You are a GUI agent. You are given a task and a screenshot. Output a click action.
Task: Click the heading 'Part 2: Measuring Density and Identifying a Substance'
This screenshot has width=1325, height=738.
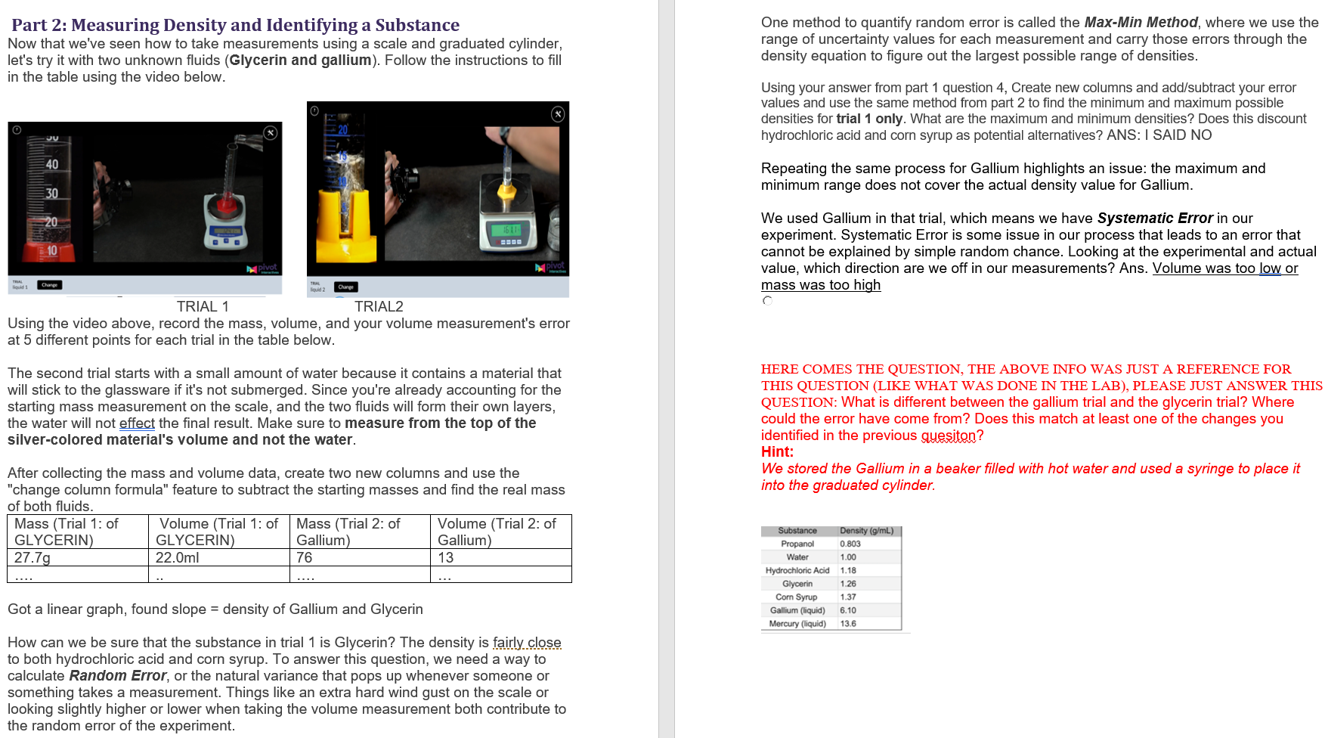pyautogui.click(x=235, y=25)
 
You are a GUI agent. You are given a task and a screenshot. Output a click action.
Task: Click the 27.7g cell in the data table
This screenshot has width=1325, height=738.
pyautogui.click(x=33, y=557)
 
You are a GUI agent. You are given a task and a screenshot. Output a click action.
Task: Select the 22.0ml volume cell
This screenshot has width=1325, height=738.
pyautogui.click(x=178, y=557)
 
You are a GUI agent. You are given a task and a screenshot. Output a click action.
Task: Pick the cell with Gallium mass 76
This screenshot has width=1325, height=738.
pyautogui.click(x=305, y=557)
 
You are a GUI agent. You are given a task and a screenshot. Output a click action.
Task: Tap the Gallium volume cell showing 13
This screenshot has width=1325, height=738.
pyautogui.click(x=446, y=557)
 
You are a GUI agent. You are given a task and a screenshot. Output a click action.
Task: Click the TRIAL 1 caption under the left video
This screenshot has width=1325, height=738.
pyautogui.click(x=203, y=306)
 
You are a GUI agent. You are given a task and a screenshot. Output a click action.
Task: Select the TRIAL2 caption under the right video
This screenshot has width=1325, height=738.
pyautogui.click(x=379, y=306)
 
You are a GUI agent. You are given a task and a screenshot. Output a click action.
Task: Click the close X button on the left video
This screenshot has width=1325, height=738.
pyautogui.click(x=270, y=133)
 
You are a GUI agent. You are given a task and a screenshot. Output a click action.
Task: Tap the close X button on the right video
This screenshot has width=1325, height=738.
pyautogui.click(x=558, y=114)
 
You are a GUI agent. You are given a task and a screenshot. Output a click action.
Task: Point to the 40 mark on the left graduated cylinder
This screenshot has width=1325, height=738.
pyautogui.click(x=51, y=165)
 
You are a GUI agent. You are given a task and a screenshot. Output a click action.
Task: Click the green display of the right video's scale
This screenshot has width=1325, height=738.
pyautogui.click(x=511, y=229)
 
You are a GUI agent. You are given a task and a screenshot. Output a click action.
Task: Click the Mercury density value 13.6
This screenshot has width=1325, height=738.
pyautogui.click(x=848, y=624)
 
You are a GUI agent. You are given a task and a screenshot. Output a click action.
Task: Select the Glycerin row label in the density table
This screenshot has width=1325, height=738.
pyautogui.click(x=797, y=584)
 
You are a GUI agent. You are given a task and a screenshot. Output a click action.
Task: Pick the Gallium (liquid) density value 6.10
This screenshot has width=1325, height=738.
pyautogui.click(x=848, y=610)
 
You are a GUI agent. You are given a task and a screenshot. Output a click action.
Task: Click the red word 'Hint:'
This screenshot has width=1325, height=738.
pyautogui.click(x=777, y=451)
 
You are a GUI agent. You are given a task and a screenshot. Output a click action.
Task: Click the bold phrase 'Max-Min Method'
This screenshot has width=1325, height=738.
pyautogui.click(x=1141, y=23)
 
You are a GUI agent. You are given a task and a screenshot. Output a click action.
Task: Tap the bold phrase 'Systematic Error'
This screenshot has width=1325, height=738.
pyautogui.click(x=1154, y=219)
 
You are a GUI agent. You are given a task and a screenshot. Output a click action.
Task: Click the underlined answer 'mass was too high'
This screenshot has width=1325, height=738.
pyautogui.click(x=821, y=285)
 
